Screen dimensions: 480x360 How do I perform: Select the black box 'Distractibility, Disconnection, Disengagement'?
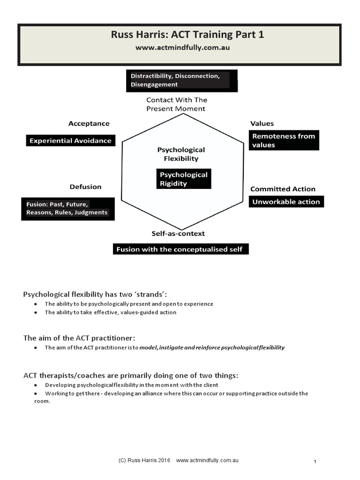click(x=181, y=80)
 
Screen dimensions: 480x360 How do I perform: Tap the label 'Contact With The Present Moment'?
click(x=176, y=104)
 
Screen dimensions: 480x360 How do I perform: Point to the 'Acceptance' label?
click(x=89, y=124)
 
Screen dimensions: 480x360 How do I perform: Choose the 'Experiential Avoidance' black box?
click(x=70, y=141)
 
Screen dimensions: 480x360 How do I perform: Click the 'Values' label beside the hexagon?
click(x=262, y=124)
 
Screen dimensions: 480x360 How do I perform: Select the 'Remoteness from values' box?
click(x=284, y=140)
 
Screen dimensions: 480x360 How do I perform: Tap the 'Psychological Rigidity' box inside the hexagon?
click(x=184, y=179)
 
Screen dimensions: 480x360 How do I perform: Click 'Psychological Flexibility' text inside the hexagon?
click(x=181, y=154)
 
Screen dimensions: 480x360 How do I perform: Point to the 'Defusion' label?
click(x=85, y=187)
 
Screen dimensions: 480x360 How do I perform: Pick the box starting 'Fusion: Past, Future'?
click(x=67, y=209)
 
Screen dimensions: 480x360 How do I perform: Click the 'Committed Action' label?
click(x=283, y=189)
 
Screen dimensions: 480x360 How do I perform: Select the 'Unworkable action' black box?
click(x=286, y=202)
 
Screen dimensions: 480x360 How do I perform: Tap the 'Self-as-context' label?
click(x=178, y=233)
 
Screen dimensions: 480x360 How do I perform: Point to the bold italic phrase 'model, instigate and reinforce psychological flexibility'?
click(x=212, y=348)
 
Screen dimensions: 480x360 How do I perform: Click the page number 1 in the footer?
click(x=315, y=462)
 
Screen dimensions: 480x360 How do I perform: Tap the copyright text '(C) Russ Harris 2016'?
click(x=145, y=461)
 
